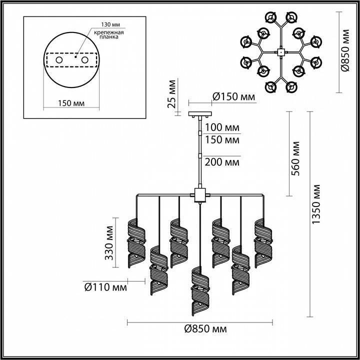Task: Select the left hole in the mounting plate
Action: click(59, 60)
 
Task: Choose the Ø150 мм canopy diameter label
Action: click(233, 96)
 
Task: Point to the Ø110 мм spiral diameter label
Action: click(104, 287)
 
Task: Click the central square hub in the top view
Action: click(280, 51)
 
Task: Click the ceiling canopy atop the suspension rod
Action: click(199, 114)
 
